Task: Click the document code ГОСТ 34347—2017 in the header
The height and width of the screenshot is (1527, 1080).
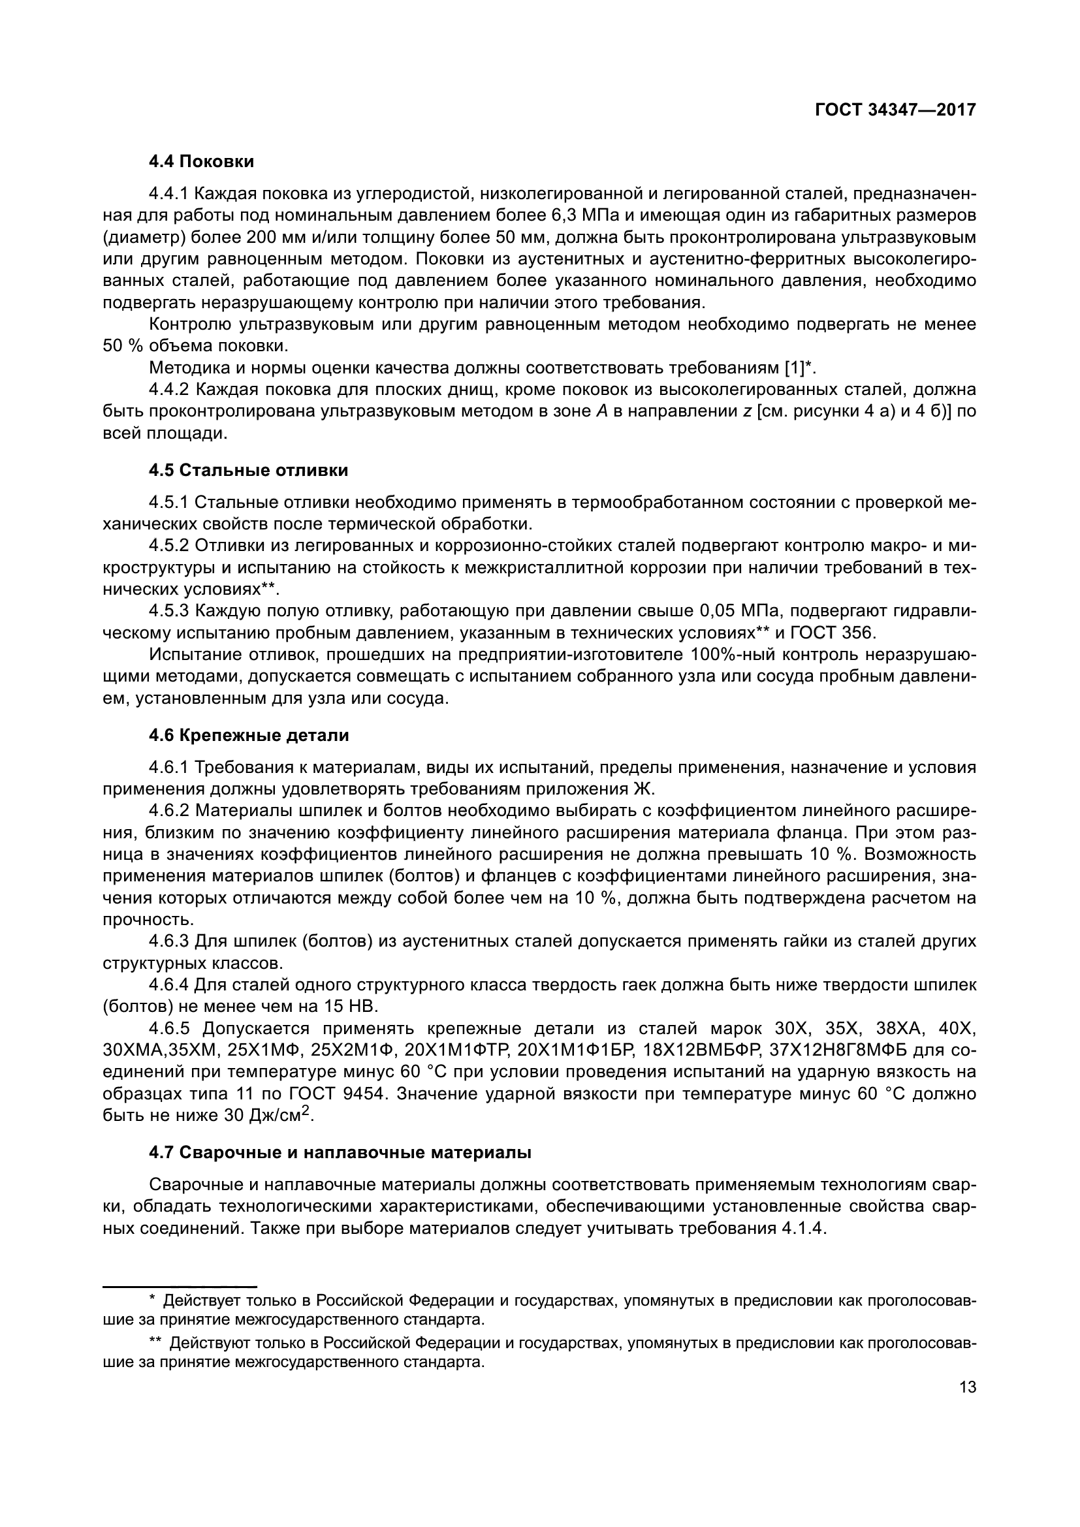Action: [x=895, y=110]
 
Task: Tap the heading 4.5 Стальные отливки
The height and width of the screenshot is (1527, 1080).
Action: [x=248, y=471]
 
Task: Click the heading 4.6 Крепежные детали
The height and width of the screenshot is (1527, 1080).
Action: [x=249, y=736]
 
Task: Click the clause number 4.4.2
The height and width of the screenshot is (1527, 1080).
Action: [x=170, y=390]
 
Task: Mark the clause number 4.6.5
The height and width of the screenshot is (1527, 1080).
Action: [x=170, y=1029]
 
